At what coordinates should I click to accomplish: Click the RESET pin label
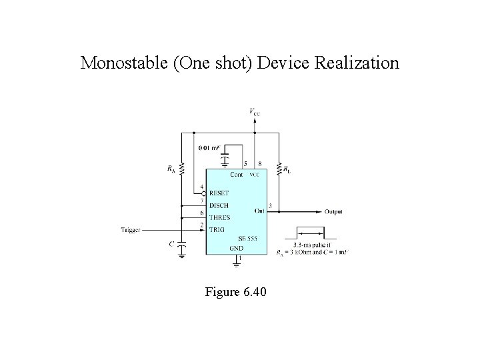(219, 193)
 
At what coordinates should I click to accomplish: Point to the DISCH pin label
(219, 204)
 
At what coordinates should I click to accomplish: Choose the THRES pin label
(219, 216)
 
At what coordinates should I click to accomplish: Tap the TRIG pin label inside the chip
(217, 229)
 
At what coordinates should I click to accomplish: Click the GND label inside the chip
(236, 249)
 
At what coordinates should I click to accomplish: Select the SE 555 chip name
(247, 239)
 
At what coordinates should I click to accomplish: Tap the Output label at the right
(334, 211)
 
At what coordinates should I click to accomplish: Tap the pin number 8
(259, 163)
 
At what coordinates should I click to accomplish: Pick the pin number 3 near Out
(269, 205)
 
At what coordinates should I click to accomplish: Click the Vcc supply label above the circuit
(255, 112)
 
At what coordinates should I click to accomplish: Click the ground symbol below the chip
(236, 265)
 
